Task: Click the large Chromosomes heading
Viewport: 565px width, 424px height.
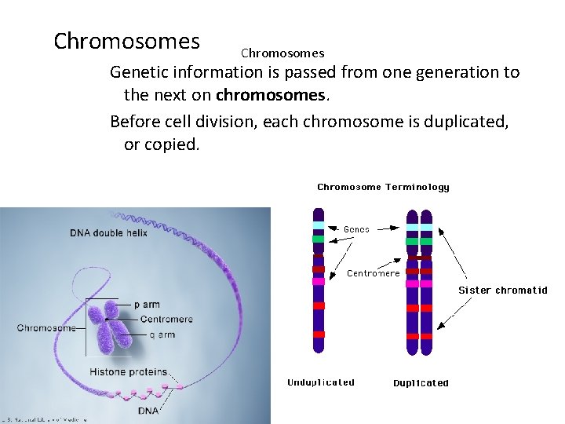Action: (x=126, y=41)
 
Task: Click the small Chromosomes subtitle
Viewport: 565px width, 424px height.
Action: (x=282, y=53)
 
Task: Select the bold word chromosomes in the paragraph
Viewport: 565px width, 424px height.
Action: (x=270, y=95)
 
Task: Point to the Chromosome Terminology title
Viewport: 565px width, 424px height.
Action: (x=383, y=187)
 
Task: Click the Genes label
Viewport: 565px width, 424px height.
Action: (x=356, y=229)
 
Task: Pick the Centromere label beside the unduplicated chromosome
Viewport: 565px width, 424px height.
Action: (x=374, y=273)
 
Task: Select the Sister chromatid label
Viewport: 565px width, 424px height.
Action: (x=502, y=291)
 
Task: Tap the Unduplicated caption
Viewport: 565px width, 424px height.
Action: (x=321, y=382)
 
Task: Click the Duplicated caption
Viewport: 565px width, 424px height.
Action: (x=421, y=383)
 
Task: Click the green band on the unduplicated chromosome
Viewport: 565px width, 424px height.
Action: (x=318, y=239)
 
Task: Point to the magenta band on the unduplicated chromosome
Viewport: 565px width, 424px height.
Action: (x=318, y=281)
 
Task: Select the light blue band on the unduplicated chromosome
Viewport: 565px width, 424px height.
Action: (x=318, y=225)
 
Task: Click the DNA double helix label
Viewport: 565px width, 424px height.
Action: (x=108, y=233)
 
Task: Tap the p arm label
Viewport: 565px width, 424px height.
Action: (x=148, y=304)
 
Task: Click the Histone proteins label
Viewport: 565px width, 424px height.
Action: (x=128, y=371)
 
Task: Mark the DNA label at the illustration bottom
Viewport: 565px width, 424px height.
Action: (x=148, y=410)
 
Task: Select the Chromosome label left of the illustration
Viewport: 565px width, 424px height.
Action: (x=46, y=327)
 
